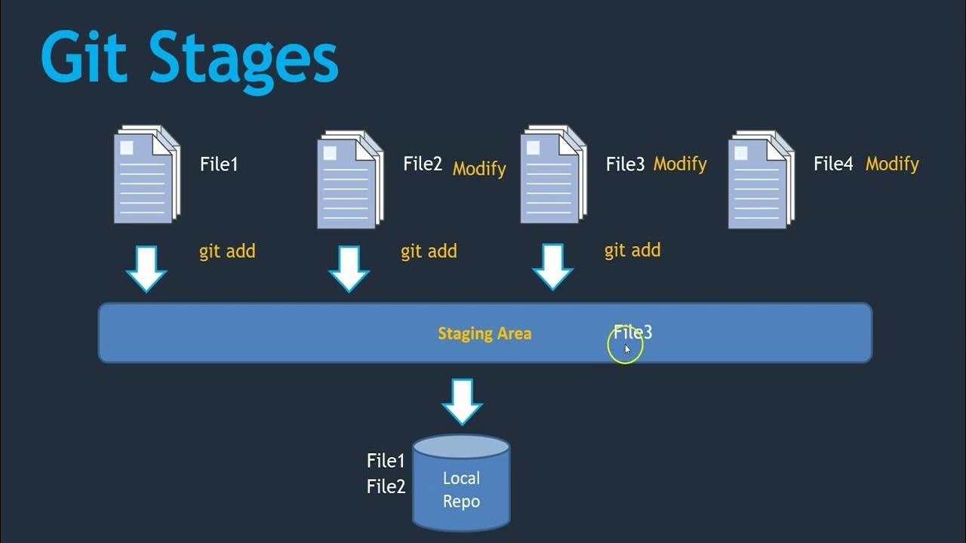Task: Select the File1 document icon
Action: (x=146, y=175)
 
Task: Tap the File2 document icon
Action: (x=349, y=179)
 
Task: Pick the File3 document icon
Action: (x=552, y=175)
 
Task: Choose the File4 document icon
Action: (x=761, y=179)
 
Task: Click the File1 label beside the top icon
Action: (x=219, y=164)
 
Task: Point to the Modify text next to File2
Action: (x=479, y=168)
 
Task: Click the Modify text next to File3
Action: (x=680, y=164)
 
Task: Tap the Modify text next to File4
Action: (x=892, y=164)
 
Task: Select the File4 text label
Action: (x=833, y=164)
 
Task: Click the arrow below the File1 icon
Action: (x=146, y=268)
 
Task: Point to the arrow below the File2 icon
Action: (x=349, y=268)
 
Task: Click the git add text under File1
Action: (x=227, y=251)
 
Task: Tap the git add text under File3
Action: (x=632, y=250)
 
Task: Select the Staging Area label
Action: (x=485, y=333)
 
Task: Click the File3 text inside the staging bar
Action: (x=632, y=332)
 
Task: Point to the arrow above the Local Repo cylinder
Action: (x=462, y=401)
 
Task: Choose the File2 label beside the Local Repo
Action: (x=386, y=486)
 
